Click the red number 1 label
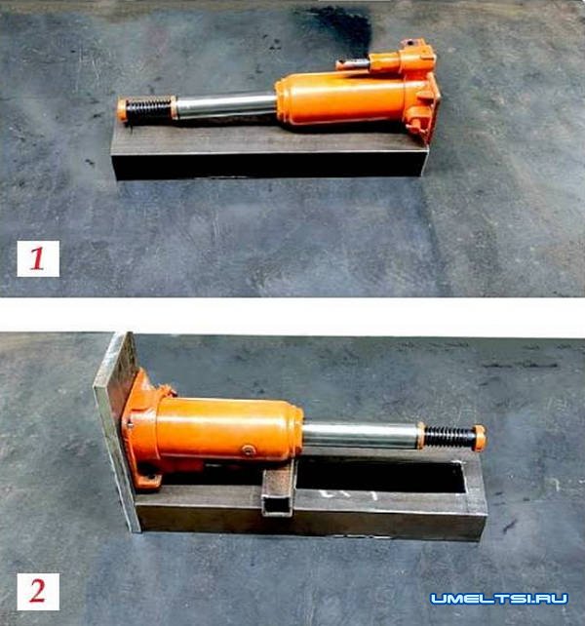[x=38, y=258]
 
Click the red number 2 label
[x=38, y=591]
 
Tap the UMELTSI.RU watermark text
[x=499, y=599]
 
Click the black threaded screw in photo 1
[x=149, y=108]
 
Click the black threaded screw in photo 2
[x=448, y=437]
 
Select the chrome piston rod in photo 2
[x=362, y=435]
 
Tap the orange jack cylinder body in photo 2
[x=227, y=429]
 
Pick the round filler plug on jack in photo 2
[x=248, y=451]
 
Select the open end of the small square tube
[x=276, y=504]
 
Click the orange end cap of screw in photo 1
[x=122, y=110]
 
